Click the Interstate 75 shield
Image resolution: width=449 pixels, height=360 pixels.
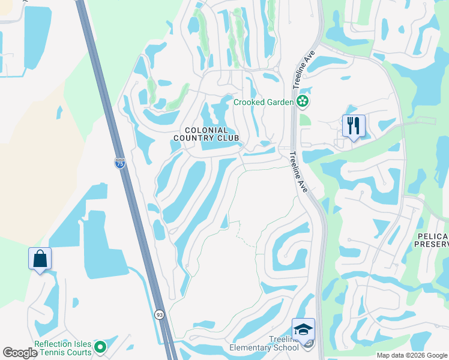coord(119,163)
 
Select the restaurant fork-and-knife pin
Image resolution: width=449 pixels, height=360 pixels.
coord(353,126)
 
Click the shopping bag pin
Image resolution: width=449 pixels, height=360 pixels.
coord(40,259)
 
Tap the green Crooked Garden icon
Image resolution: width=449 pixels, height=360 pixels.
coord(303,102)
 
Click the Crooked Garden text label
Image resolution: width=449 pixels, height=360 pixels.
coord(263,102)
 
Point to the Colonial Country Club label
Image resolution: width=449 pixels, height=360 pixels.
coord(206,134)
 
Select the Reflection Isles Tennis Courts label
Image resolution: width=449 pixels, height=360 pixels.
coord(63,348)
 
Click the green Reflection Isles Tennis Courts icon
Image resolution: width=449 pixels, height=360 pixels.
coord(100,347)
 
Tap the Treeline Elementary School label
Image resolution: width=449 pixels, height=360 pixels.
coord(264,343)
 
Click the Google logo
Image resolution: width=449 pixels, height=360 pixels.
coord(20,353)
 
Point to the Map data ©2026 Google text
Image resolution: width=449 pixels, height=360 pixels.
coord(411,355)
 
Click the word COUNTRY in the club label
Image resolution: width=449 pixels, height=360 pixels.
coord(194,139)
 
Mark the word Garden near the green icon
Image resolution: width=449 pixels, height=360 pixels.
coord(279,102)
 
